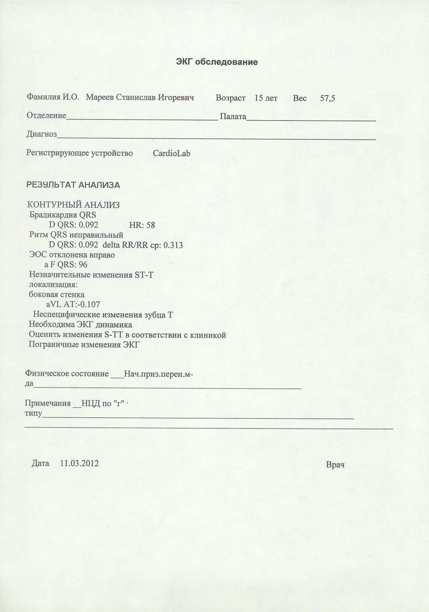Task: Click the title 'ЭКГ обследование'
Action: tap(217, 62)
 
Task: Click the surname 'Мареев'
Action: tap(99, 97)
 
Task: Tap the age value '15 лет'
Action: tap(266, 98)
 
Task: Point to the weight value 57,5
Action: tap(328, 99)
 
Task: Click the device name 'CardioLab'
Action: tap(171, 153)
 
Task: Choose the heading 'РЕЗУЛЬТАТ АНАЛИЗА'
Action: tap(73, 185)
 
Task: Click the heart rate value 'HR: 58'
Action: tap(142, 225)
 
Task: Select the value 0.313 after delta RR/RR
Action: tap(173, 245)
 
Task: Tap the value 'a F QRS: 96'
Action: tap(66, 265)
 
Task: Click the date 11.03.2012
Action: tap(79, 464)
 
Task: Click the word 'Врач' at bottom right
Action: tap(335, 465)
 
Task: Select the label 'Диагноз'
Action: tap(42, 134)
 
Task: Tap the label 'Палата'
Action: tap(233, 117)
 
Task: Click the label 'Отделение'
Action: tap(47, 115)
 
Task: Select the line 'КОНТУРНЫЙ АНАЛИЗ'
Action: tap(73, 205)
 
